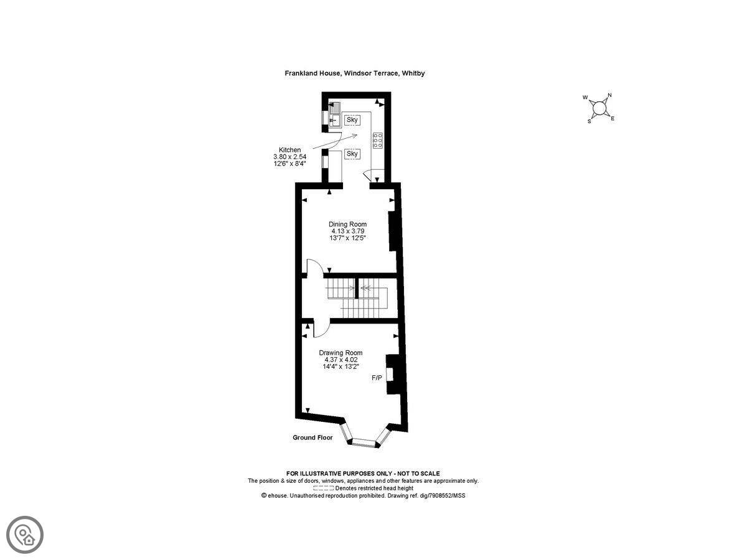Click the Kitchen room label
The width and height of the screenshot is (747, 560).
pyautogui.click(x=289, y=150)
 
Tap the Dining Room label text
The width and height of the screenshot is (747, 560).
pyautogui.click(x=347, y=225)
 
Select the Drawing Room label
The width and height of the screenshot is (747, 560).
pyautogui.click(x=341, y=353)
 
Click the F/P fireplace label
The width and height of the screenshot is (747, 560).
pyautogui.click(x=377, y=378)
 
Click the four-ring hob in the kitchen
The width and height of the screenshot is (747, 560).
pyautogui.click(x=377, y=140)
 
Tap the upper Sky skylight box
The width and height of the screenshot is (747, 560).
pyautogui.click(x=352, y=120)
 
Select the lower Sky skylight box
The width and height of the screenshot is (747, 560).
pyautogui.click(x=352, y=154)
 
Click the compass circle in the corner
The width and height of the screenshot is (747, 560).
pyautogui.click(x=599, y=108)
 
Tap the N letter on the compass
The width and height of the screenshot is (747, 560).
pyautogui.click(x=609, y=95)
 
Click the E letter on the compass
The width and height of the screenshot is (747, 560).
pyautogui.click(x=613, y=119)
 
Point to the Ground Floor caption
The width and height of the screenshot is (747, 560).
pyautogui.click(x=312, y=437)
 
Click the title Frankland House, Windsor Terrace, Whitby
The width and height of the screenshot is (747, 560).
pyautogui.click(x=355, y=73)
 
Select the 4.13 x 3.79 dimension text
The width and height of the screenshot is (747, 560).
pyautogui.click(x=347, y=231)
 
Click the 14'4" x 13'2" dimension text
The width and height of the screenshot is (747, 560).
pyautogui.click(x=341, y=366)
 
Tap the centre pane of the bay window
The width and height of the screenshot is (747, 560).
pyautogui.click(x=364, y=442)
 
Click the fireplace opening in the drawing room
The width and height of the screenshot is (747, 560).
pyautogui.click(x=390, y=375)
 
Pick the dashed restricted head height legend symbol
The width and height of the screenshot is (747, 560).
pyautogui.click(x=323, y=488)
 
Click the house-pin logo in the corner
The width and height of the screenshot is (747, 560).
pyautogui.click(x=25, y=535)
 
